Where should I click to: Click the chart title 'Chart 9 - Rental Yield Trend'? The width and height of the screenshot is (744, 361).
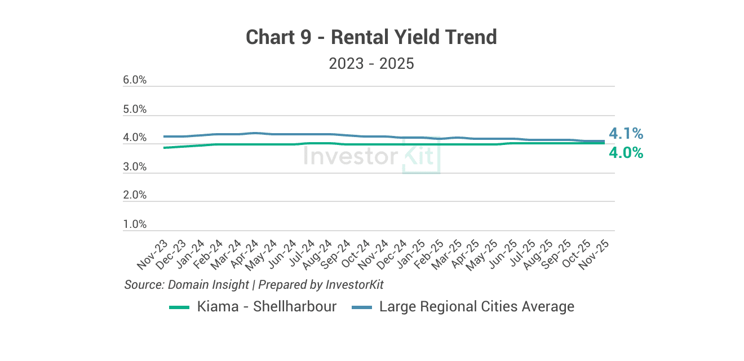point(371,37)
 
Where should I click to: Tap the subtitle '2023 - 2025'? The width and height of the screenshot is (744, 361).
point(371,63)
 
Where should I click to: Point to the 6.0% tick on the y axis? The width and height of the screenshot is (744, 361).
point(135,80)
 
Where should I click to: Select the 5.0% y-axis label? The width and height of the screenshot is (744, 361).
point(135,109)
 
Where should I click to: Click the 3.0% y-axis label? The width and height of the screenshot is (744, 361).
point(135,167)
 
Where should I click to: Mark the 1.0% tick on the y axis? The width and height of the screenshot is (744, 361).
point(135,224)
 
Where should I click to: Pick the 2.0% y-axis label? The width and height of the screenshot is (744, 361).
point(135,195)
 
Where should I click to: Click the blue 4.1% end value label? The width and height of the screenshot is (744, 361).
point(626,134)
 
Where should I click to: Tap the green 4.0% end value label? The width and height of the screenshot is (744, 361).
point(626,152)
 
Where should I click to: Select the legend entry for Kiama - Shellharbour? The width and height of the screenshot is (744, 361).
point(253,307)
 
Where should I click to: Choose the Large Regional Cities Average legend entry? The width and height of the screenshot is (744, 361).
point(463,307)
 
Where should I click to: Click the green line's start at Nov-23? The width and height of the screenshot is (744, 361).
point(164,148)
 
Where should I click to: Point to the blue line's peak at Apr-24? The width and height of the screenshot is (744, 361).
point(255,133)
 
